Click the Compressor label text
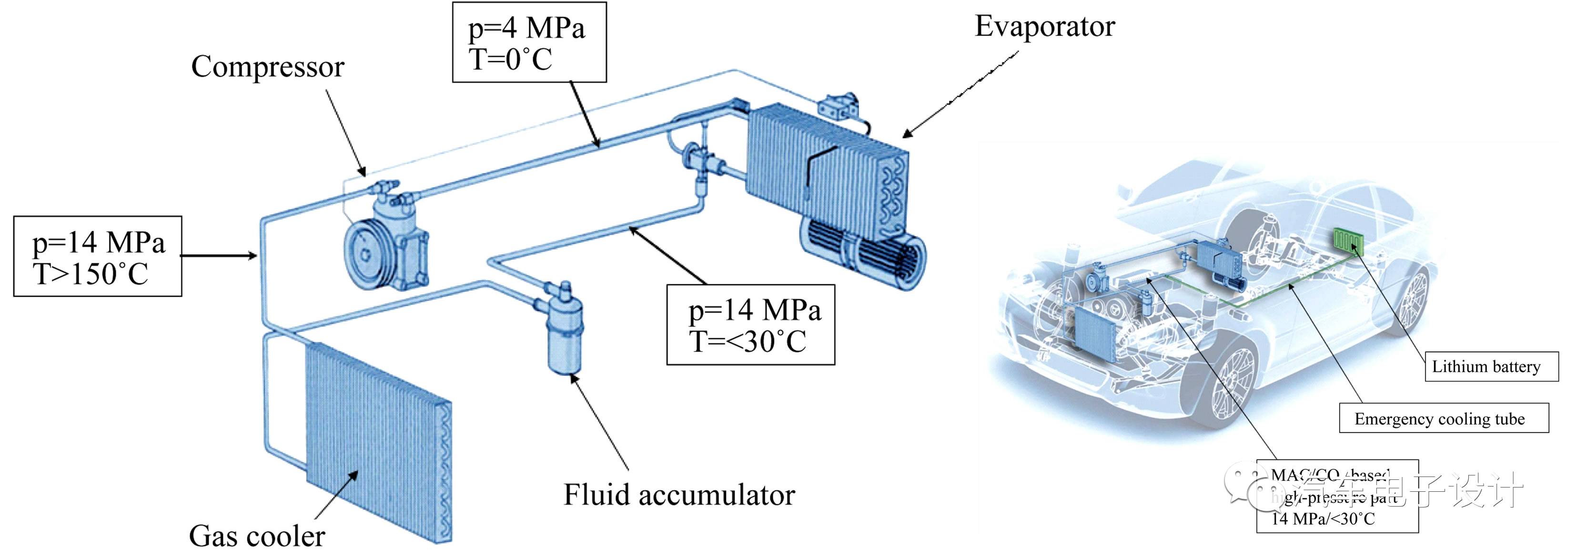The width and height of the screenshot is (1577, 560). coord(268,67)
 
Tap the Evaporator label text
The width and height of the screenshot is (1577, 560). coord(1044,26)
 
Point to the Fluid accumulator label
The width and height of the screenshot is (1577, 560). coord(679,495)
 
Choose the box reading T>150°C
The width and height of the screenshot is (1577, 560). coord(98,257)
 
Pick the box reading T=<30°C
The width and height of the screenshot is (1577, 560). coord(750,325)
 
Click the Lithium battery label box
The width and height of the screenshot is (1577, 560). coord(1491,366)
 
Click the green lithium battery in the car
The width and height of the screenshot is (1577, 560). coord(1347,240)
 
